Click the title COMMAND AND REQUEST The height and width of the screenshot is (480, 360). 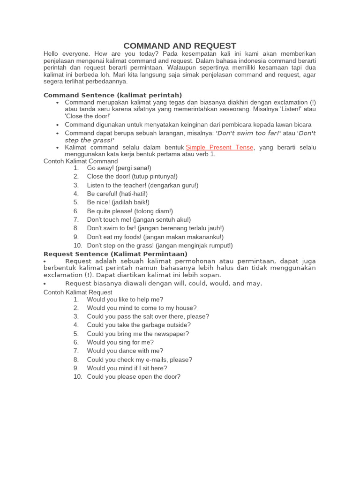pyautogui.click(x=180, y=45)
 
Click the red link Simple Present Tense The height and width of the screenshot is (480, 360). pyautogui.click(x=219, y=147)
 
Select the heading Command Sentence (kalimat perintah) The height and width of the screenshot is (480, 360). pyautogui.click(x=112, y=95)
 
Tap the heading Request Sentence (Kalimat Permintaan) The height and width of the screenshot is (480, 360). pyautogui.click(x=115, y=254)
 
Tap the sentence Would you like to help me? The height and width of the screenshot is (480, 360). pyautogui.click(x=125, y=300)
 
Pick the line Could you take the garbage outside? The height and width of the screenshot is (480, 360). pyautogui.click(x=139, y=325)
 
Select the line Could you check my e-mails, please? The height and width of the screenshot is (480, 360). pyautogui.click(x=140, y=360)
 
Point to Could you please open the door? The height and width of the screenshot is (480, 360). pyautogui.click(x=134, y=377)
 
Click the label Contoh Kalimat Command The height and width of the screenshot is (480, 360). pyautogui.click(x=81, y=161)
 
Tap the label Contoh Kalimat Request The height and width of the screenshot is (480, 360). pyautogui.click(x=78, y=292)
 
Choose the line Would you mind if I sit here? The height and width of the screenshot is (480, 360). pyautogui.click(x=127, y=368)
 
